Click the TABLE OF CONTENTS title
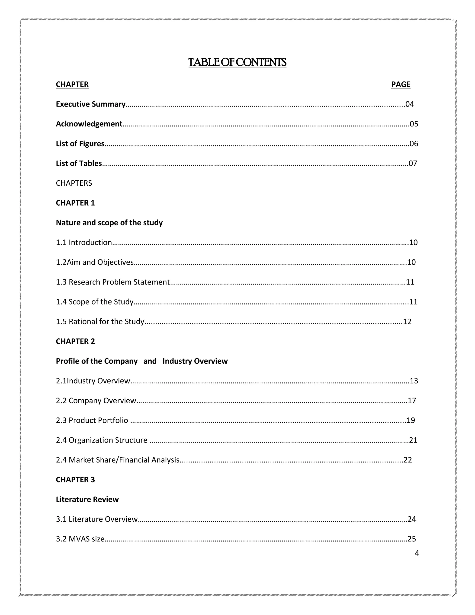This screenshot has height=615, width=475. tap(237, 62)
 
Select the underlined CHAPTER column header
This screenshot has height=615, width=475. tap(72, 84)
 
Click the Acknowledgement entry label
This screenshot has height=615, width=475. tap(89, 124)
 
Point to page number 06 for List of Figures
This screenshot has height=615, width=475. tap(414, 144)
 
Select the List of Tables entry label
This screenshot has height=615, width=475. tap(79, 163)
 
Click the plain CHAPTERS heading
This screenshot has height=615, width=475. tap(74, 183)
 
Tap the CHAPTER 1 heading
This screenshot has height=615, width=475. tap(75, 203)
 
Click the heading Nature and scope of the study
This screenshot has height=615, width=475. tap(109, 223)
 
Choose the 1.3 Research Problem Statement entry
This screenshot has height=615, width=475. tap(113, 282)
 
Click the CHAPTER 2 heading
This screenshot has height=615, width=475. tap(75, 341)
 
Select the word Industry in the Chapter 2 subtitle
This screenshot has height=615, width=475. tap(175, 361)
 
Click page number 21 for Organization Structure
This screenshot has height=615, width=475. tap(413, 440)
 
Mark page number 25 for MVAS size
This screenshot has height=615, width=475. tap(412, 539)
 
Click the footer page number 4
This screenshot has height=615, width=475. tap(417, 553)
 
